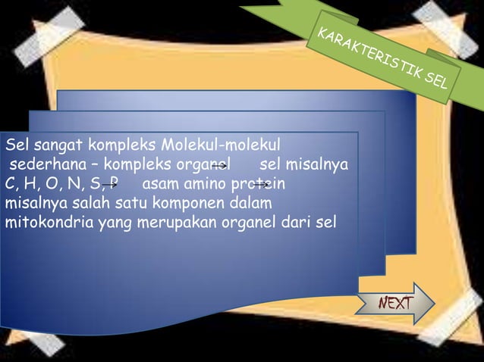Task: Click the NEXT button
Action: click(x=395, y=304)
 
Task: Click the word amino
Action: click(x=200, y=184)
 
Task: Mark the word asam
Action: click(x=158, y=184)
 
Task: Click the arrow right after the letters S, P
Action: click(x=110, y=183)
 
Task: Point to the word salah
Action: click(x=78, y=204)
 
